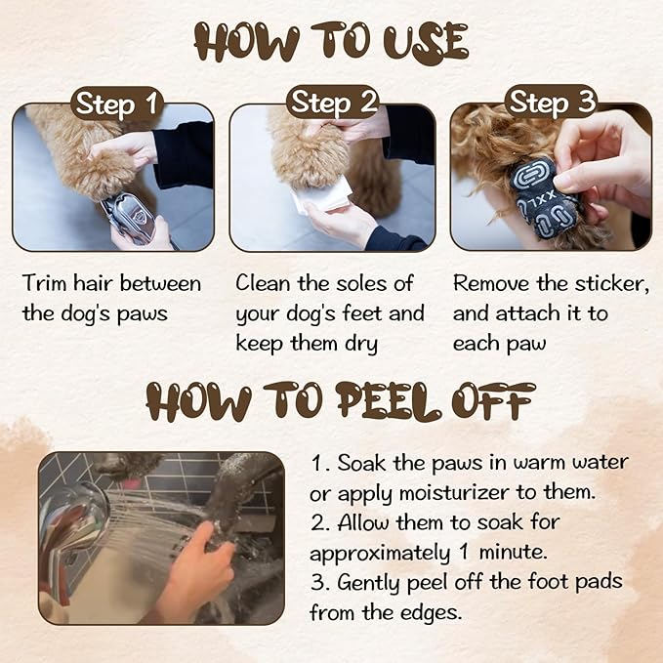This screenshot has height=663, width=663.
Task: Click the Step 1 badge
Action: pos(117,104)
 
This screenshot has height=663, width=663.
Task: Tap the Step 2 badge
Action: pos(333,103)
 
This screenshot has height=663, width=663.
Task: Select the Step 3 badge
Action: pos(552,103)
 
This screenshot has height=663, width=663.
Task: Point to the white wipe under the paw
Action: pos(322,195)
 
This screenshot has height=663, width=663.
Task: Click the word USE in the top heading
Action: pos(426,43)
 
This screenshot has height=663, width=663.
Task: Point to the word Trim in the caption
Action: pos(45,283)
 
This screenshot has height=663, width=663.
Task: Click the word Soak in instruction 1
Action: pos(361,463)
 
